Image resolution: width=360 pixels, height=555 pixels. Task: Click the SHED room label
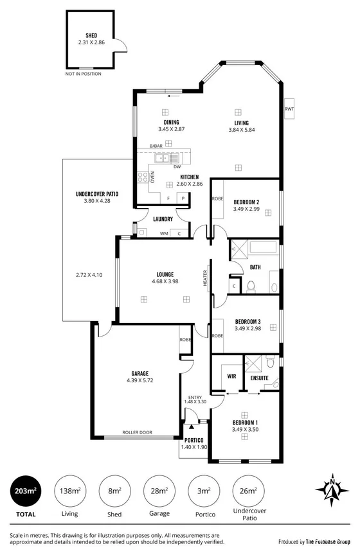[x=91, y=35]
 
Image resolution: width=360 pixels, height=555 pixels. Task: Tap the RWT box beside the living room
[x=289, y=109]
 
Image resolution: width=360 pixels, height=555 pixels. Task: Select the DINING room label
[x=170, y=122]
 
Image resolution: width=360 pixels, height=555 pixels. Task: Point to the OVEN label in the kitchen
[x=152, y=177]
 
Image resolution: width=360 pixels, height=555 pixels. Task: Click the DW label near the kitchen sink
[x=176, y=166]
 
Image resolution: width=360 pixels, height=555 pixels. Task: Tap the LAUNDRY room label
[x=164, y=219]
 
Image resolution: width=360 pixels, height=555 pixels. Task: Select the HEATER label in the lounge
[x=206, y=277]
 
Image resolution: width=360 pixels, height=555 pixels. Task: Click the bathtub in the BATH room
[x=262, y=247]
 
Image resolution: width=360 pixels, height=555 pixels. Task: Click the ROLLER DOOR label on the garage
[x=137, y=432]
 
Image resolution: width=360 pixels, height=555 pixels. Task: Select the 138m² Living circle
[x=71, y=492]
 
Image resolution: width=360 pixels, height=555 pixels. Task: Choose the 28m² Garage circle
[x=159, y=492]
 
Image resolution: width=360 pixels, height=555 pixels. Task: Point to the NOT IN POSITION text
[x=84, y=74]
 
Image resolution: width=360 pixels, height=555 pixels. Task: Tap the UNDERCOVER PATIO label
[x=96, y=193]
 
